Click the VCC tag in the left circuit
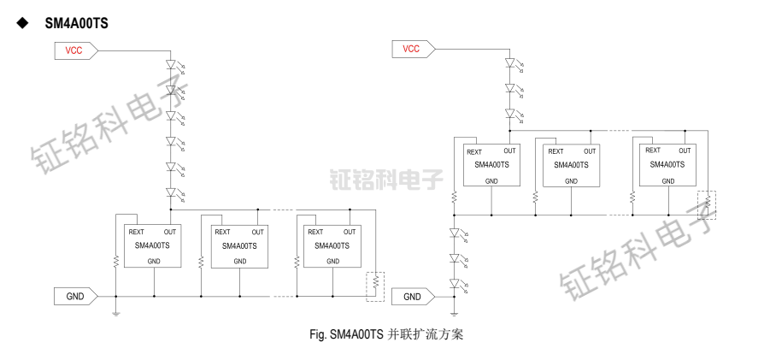tap(75, 50)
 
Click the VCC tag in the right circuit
tap(412, 49)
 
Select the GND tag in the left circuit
tap(75, 296)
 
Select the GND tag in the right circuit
tap(413, 297)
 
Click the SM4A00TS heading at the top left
tap(76, 23)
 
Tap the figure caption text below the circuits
tap(385, 334)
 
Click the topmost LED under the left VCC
tap(171, 64)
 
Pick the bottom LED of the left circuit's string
tap(171, 192)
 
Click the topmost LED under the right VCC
tap(509, 62)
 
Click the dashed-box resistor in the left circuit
tap(375, 286)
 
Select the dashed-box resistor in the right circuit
tap(708, 204)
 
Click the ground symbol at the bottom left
tap(115, 313)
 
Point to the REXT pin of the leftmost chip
tap(136, 232)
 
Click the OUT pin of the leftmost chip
tap(171, 232)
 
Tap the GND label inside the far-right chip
tap(667, 181)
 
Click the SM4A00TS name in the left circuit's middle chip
tap(239, 246)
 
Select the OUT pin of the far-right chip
tap(685, 151)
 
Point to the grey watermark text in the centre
tap(385, 179)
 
